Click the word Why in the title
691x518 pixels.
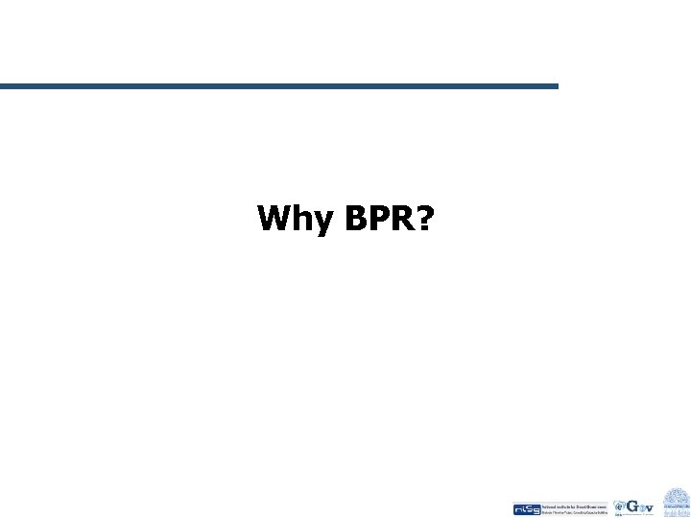coord(292,221)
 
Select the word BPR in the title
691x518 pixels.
coord(369,219)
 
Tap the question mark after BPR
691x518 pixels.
coord(423,219)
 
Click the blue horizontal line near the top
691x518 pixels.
coord(278,86)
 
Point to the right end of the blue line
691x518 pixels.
coord(556,86)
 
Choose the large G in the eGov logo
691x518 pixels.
coord(631,506)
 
